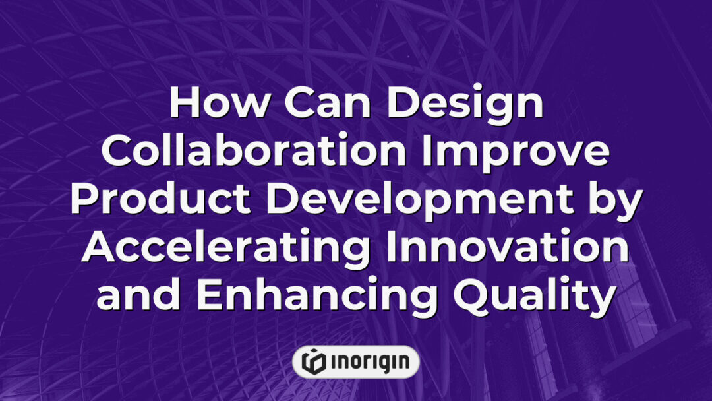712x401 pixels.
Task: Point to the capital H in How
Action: coord(187,105)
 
